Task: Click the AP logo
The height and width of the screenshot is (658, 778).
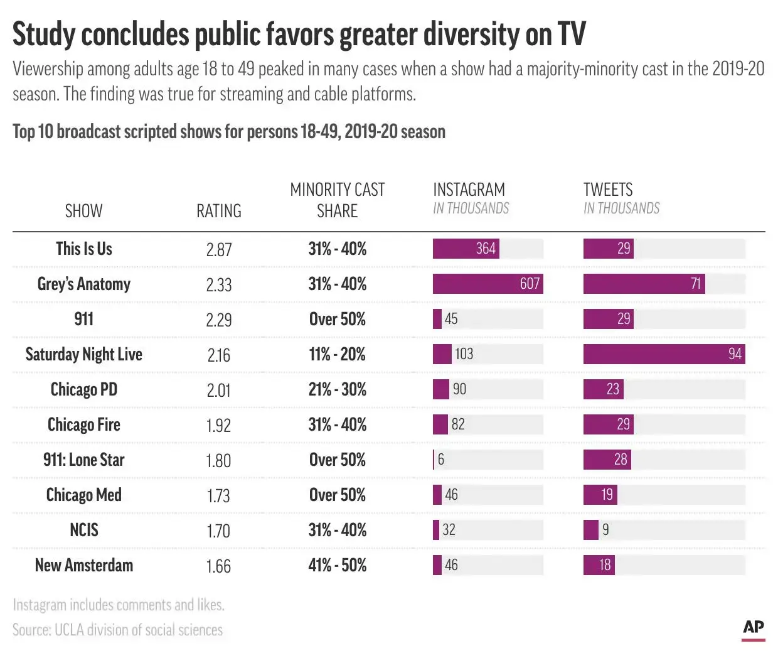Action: [x=753, y=627]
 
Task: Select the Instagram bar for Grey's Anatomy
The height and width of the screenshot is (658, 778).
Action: [x=488, y=284]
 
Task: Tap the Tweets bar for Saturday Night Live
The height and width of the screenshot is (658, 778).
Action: [x=664, y=354]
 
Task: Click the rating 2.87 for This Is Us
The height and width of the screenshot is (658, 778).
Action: [x=218, y=250]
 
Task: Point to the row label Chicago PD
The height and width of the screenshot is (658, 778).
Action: [x=84, y=390]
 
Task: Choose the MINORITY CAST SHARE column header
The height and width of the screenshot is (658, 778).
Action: [x=338, y=200]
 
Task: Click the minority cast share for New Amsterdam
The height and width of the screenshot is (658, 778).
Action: [x=338, y=566]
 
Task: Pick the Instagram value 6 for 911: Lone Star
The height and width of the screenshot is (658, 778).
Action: [x=441, y=460]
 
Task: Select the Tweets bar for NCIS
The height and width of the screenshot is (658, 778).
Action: [x=590, y=530]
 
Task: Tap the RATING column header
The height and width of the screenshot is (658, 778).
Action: [x=218, y=211]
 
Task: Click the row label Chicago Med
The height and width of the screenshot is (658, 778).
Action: [x=84, y=495]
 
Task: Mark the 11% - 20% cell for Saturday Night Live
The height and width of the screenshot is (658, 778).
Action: [x=338, y=355]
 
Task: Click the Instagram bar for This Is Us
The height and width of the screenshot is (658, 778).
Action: [x=466, y=249]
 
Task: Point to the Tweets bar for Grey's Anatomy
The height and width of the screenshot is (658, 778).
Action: [x=644, y=284]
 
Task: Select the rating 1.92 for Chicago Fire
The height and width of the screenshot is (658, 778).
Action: [x=218, y=426]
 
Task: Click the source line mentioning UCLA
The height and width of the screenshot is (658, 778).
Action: [x=118, y=630]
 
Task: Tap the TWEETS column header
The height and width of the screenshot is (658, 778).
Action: [x=608, y=190]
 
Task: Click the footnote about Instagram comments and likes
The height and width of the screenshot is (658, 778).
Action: [x=119, y=605]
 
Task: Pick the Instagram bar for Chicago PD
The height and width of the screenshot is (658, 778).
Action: [x=441, y=389]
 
